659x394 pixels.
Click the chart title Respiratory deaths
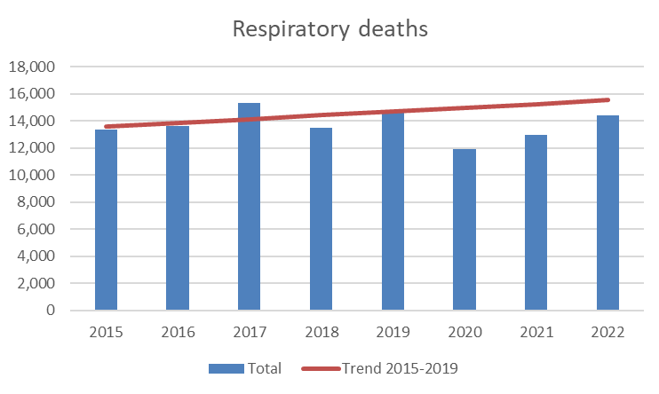coord(329,29)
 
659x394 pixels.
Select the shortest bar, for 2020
coord(464,230)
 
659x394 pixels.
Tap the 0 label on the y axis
coord(51,311)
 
